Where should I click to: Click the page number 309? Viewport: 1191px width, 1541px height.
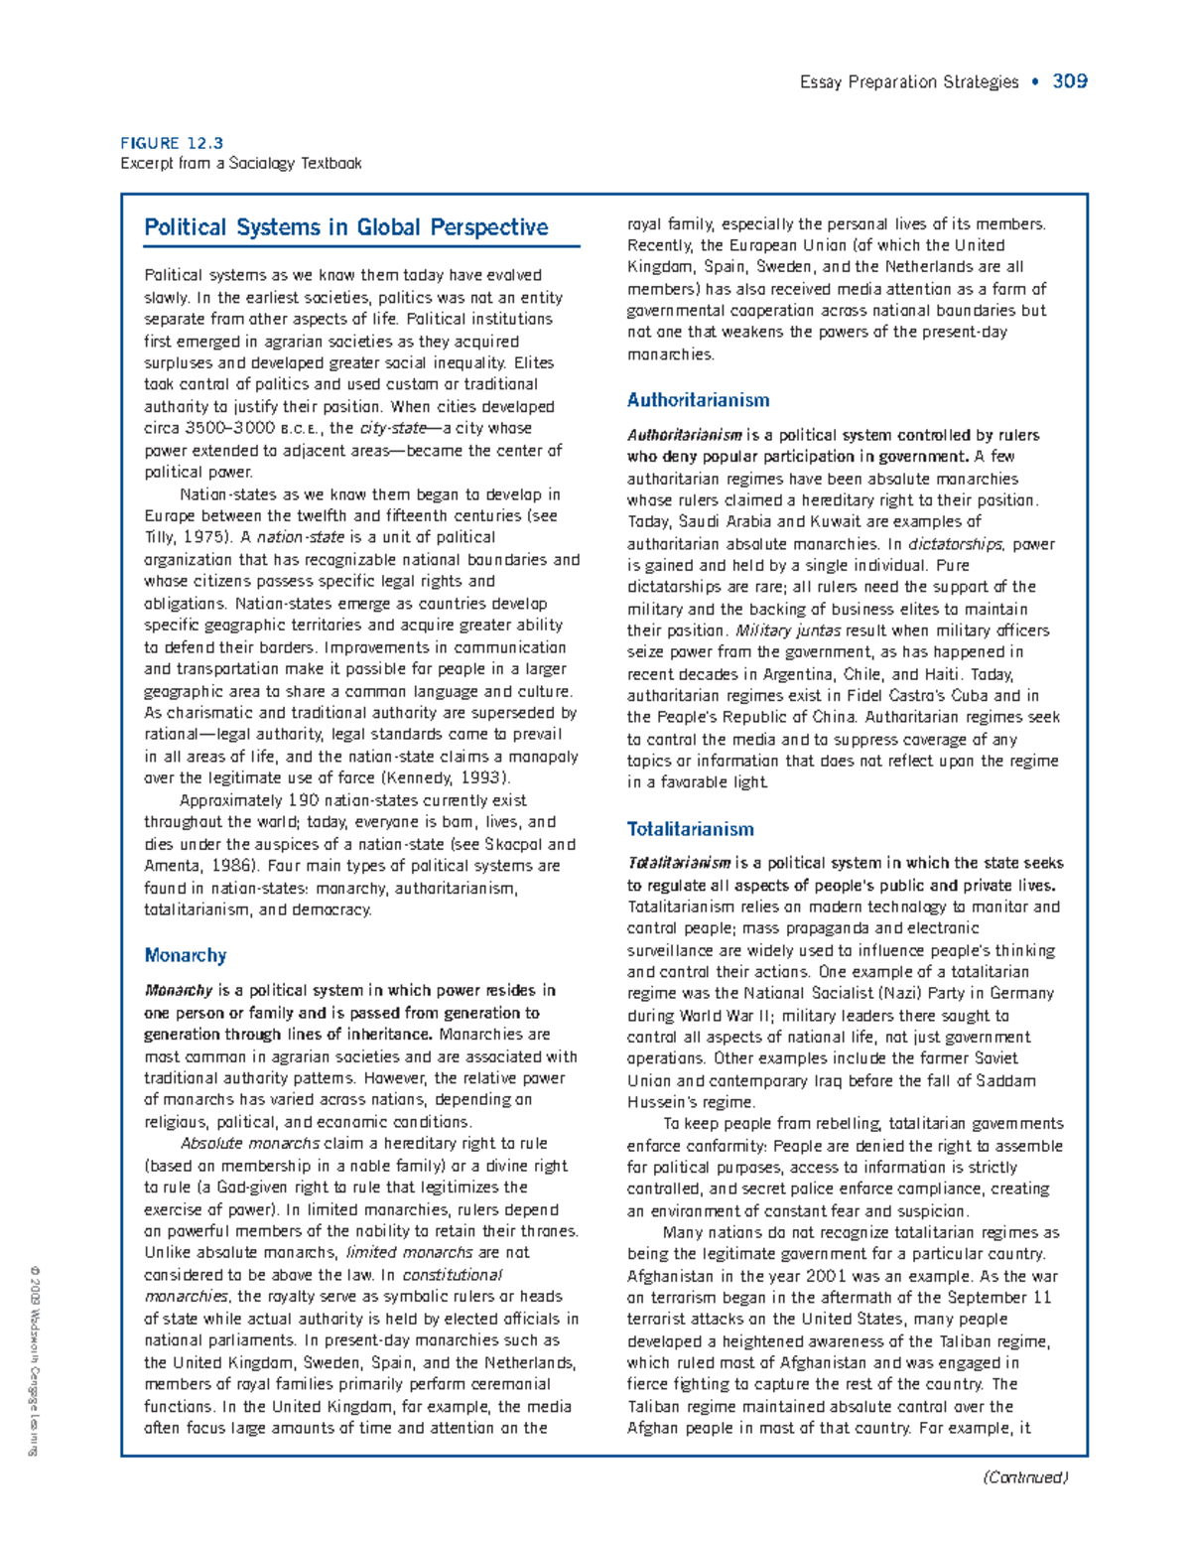tap(1069, 81)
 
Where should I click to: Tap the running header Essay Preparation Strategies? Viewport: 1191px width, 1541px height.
tap(909, 82)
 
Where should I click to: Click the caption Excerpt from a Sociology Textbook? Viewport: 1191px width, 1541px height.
tap(241, 163)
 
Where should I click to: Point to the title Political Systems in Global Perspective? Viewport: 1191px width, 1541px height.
tap(345, 227)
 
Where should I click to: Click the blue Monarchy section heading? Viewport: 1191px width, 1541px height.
tap(186, 955)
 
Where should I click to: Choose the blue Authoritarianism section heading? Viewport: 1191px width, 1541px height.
tap(698, 400)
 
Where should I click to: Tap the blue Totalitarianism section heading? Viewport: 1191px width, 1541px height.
tap(691, 829)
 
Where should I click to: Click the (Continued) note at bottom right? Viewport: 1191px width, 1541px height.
tap(1025, 1477)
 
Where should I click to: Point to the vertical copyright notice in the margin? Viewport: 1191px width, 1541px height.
tap(33, 1360)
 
